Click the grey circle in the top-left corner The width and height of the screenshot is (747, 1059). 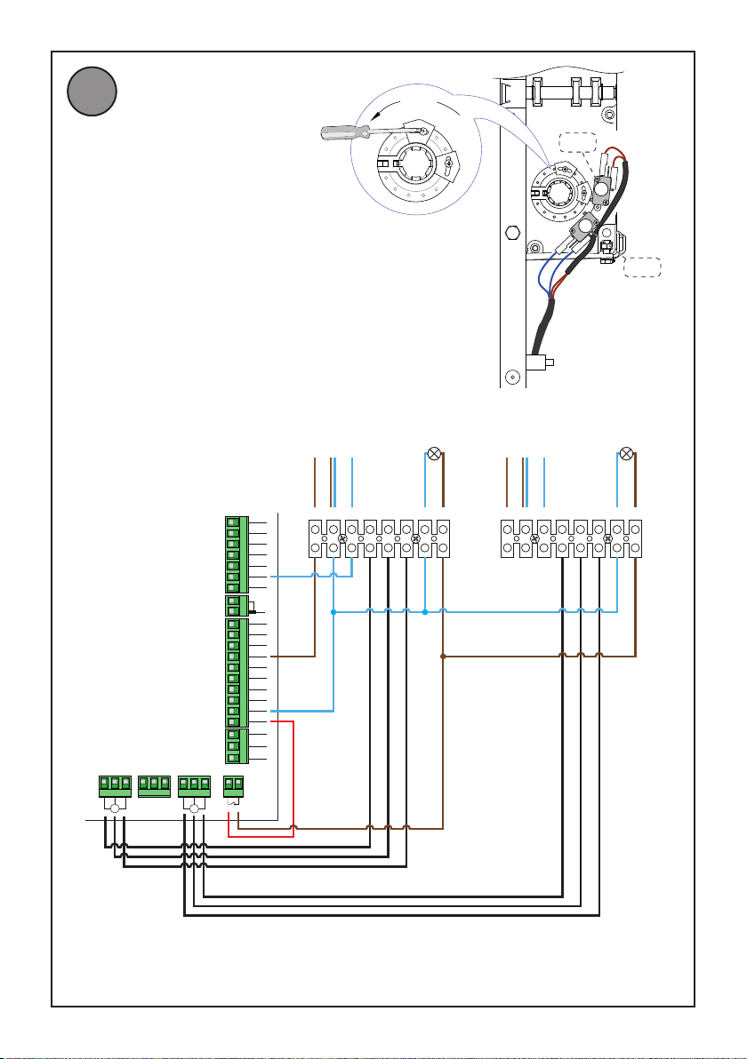pos(92,92)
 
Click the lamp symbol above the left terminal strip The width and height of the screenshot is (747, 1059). pos(434,454)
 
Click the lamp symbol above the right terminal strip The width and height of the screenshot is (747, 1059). pos(626,454)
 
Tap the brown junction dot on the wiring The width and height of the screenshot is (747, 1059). pos(443,657)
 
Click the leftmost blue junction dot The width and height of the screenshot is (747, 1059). pos(333,611)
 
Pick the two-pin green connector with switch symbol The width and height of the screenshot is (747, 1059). pos(232,786)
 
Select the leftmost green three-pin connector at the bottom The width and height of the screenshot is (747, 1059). pos(115,786)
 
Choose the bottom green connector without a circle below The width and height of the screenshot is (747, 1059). pos(155,786)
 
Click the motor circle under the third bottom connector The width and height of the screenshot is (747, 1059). pos(194,808)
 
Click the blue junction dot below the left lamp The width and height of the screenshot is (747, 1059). pos(425,611)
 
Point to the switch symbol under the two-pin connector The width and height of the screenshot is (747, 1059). pos(232,804)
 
